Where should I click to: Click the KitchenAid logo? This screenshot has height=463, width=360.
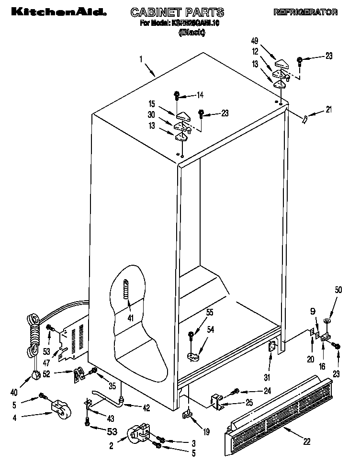point(53,12)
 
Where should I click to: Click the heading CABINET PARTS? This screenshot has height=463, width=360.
point(177,12)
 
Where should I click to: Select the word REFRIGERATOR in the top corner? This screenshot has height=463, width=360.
point(305,12)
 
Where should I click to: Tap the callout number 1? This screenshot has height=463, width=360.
point(141,59)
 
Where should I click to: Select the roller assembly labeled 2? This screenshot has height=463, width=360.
point(139,433)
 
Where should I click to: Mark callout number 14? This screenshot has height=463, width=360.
point(200,95)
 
